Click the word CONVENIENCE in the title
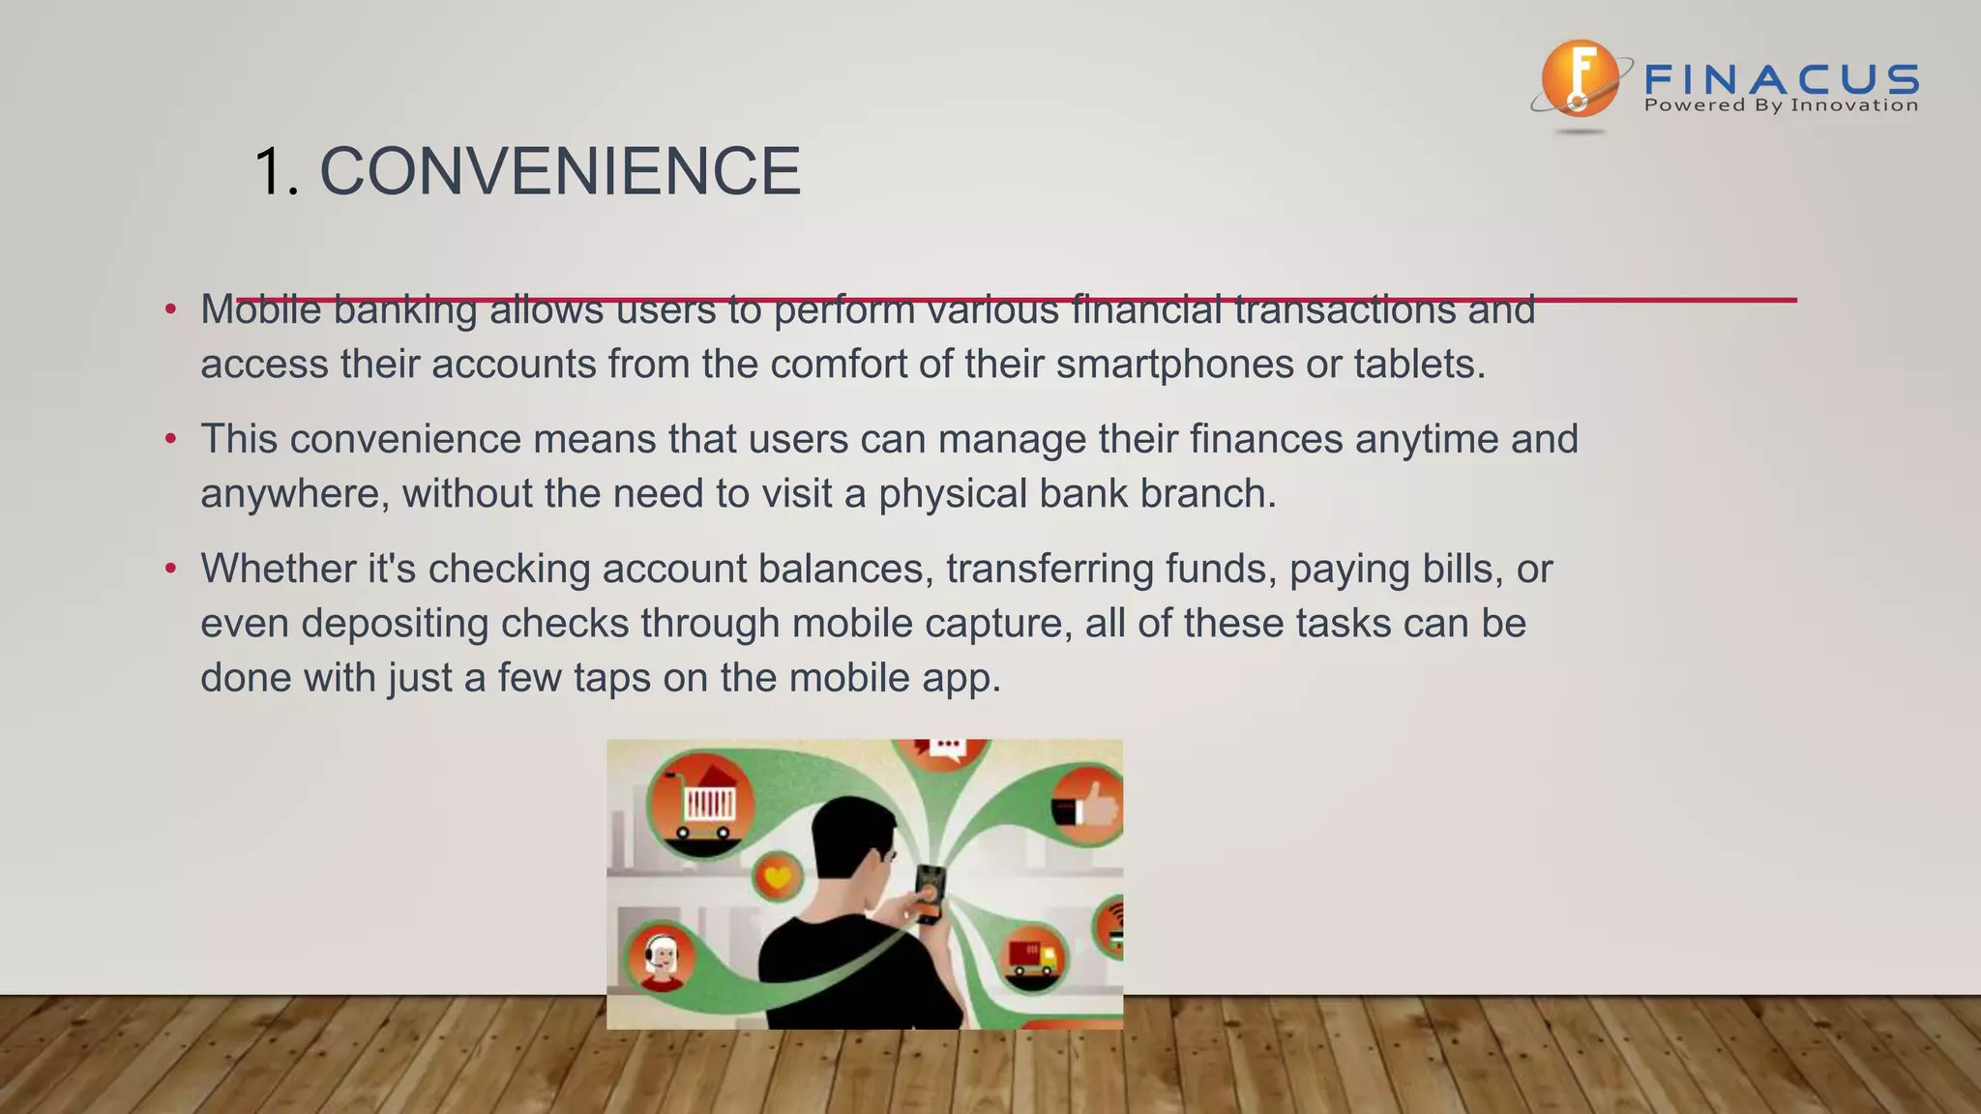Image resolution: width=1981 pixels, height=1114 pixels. [x=560, y=172]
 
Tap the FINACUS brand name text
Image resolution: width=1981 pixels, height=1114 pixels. [x=1781, y=77]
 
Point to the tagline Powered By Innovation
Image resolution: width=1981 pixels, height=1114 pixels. [x=1781, y=105]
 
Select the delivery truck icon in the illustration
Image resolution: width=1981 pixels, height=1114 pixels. [x=1031, y=957]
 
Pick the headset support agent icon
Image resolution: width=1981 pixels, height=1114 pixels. [x=662, y=958]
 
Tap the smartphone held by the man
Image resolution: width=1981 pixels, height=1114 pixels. [x=929, y=892]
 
